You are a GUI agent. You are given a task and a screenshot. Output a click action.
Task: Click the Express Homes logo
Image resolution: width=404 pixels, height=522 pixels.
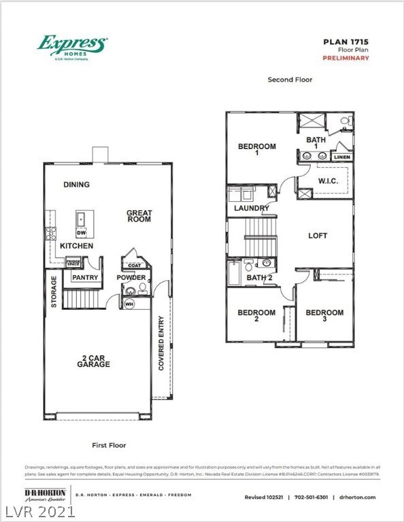coord(71,48)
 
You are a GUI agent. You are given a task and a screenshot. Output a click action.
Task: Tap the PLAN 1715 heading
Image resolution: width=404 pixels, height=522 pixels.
coord(346,41)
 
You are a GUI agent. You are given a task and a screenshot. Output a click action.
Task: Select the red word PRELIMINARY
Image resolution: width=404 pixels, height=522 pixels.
coord(346,58)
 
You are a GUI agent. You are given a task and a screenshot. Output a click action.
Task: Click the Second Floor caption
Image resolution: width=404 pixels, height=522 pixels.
coord(290,80)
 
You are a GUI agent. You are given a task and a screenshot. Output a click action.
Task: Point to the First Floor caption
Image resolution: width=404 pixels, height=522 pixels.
coord(109,445)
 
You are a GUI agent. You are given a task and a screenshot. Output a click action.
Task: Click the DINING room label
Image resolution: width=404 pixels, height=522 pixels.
coord(76,184)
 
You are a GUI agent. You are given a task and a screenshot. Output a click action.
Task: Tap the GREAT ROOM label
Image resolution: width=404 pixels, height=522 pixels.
coord(139,216)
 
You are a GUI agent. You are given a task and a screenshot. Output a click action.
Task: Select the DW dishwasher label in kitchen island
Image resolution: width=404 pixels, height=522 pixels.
coord(81,232)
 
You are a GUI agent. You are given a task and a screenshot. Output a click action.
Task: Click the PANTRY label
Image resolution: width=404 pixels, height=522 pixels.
coord(85,277)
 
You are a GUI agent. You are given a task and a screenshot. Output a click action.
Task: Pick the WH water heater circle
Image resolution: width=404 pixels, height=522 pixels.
coord(129,304)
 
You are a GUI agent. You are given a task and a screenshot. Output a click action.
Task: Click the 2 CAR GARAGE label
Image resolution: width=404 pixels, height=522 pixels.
coord(93,360)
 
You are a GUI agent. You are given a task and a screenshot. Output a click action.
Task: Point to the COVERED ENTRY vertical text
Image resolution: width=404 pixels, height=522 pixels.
coord(161,343)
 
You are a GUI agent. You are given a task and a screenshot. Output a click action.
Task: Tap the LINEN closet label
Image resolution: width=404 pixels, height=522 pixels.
coord(342,157)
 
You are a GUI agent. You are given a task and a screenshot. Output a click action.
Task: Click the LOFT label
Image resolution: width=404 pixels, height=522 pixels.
coord(318,236)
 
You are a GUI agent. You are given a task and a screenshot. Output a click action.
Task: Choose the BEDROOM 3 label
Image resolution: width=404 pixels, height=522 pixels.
coord(324,316)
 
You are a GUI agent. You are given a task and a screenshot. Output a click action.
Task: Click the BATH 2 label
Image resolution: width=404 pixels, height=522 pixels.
coord(259,277)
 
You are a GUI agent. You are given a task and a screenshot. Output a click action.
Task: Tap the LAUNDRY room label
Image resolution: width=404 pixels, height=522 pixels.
coord(252,208)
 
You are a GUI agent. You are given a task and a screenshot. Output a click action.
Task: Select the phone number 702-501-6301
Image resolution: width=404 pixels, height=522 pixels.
coord(312,498)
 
